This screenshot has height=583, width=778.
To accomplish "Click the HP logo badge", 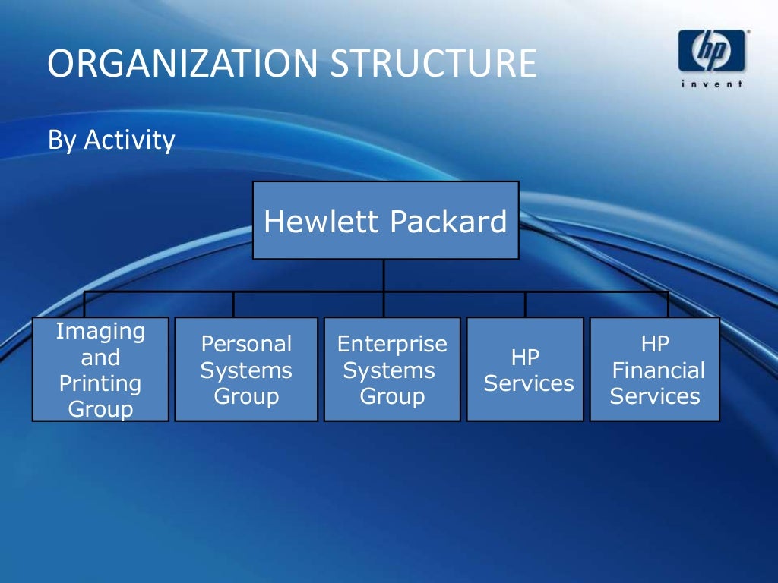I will (712, 52).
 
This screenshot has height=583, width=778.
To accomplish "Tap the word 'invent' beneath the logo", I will (712, 85).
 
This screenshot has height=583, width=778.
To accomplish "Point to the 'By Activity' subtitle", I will (111, 140).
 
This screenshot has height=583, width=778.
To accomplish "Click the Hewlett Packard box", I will (385, 220).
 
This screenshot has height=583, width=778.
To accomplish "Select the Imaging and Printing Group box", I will (100, 370).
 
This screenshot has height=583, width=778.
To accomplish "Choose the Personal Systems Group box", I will (246, 370).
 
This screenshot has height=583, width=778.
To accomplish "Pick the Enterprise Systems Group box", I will (392, 370).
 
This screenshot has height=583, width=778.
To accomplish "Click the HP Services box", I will (525, 370).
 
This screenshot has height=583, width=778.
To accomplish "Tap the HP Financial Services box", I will (655, 370).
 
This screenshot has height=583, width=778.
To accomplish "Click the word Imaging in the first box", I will (100, 331).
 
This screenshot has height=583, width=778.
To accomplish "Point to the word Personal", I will (246, 344).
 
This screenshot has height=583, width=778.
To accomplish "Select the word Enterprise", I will (392, 344).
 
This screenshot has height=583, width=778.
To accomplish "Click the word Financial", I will (658, 370).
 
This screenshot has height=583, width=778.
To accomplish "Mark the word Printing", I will (100, 383).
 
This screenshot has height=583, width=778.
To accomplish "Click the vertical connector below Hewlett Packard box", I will (384, 276).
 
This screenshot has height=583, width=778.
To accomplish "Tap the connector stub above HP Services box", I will (525, 304).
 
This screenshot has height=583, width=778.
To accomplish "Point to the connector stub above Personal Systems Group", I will (233, 304).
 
